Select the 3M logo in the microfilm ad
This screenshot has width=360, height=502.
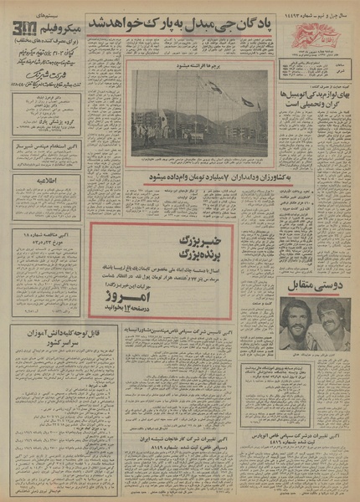23,32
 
